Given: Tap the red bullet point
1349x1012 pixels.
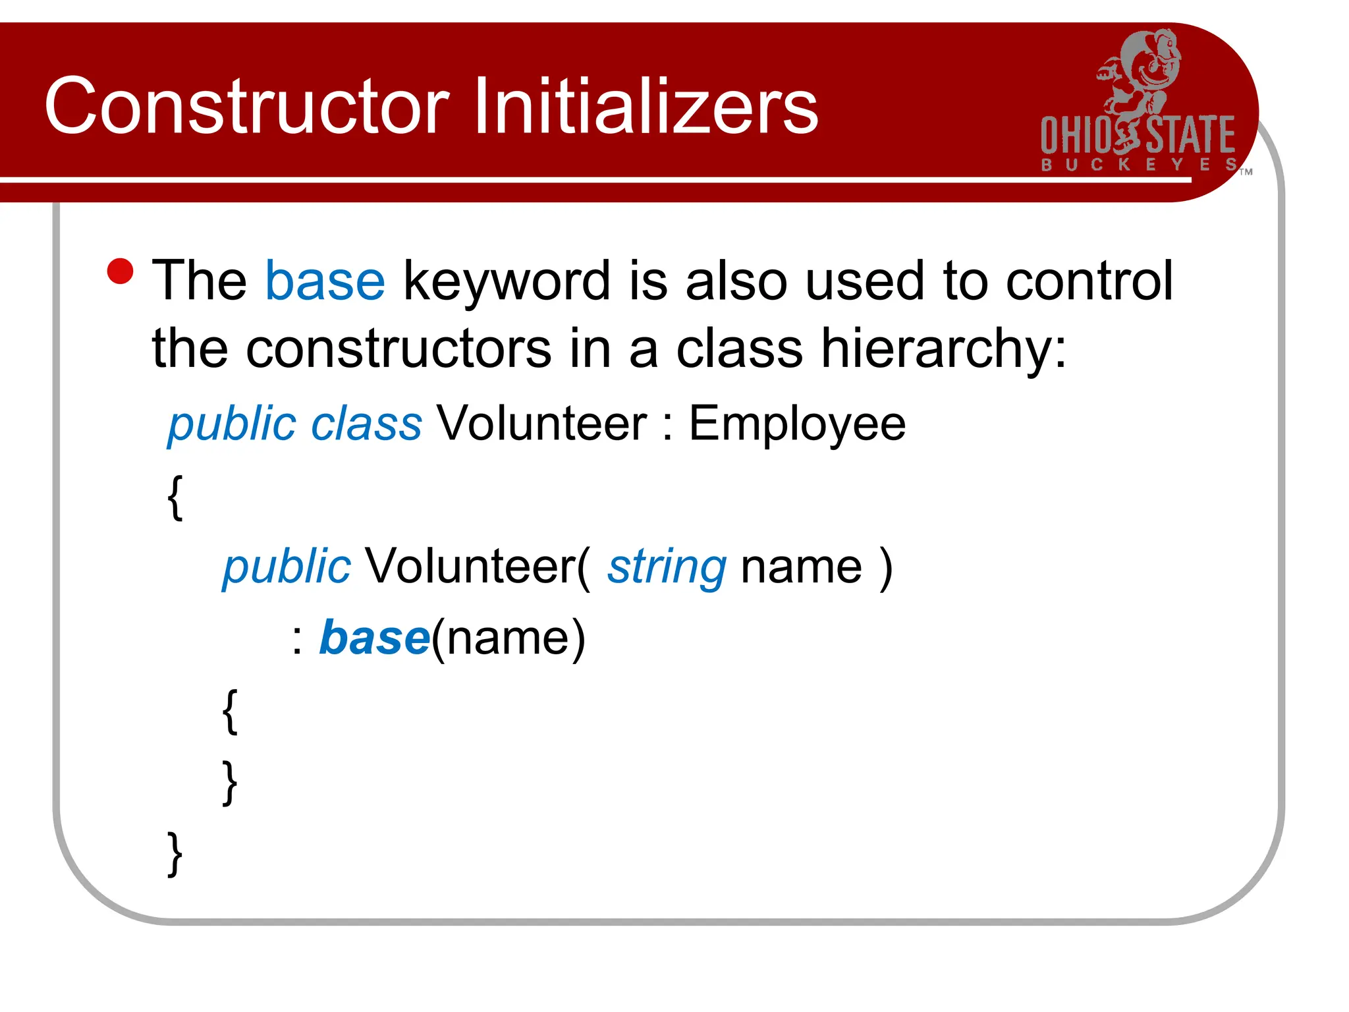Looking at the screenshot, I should [121, 271].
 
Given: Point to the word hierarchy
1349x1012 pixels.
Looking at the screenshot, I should [942, 349].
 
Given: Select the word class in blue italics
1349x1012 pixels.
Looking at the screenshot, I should [366, 424].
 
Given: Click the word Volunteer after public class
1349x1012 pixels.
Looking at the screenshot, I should [541, 424].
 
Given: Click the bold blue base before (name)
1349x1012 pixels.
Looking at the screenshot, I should [375, 638].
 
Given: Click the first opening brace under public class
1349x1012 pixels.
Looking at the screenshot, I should [175, 497].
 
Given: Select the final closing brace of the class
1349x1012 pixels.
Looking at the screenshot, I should [175, 854].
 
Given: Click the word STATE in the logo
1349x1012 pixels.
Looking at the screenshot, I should [1191, 136].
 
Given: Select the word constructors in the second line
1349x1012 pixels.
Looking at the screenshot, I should [399, 349].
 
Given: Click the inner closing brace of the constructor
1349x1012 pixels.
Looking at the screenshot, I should [229, 782].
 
